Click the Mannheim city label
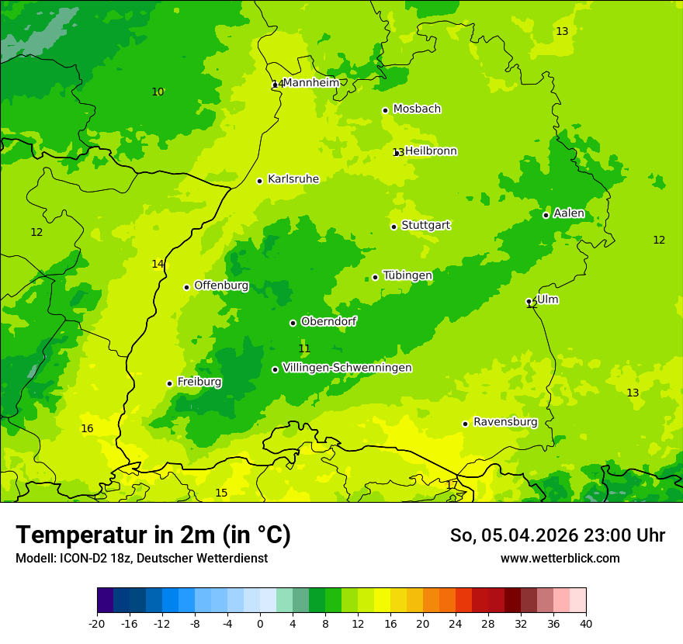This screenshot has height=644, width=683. tap(310, 83)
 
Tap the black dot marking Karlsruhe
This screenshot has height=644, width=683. tap(259, 181)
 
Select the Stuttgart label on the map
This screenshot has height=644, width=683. tap(425, 226)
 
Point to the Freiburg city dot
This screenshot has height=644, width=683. tap(169, 383)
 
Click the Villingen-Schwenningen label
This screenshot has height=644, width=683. tap(347, 368)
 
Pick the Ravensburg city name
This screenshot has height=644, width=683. tap(505, 422)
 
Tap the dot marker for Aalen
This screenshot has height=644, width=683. tap(546, 215)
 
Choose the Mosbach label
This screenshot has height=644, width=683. tap(417, 109)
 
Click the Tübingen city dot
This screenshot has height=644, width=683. tap(375, 277)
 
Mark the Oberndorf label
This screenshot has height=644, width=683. tap(329, 321)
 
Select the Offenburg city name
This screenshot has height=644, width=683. tap(221, 286)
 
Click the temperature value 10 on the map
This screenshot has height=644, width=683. tap(158, 92)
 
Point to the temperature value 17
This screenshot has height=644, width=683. tap(452, 485)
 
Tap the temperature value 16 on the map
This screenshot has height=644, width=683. tap(87, 429)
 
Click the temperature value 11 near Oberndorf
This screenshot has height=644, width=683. tap(304, 349)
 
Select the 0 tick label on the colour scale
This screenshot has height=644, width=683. tap(260, 623)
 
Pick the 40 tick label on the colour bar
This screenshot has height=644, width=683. tap(585, 623)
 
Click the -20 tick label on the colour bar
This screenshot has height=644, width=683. tap(96, 623)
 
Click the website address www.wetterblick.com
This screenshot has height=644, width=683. tap(560, 559)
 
